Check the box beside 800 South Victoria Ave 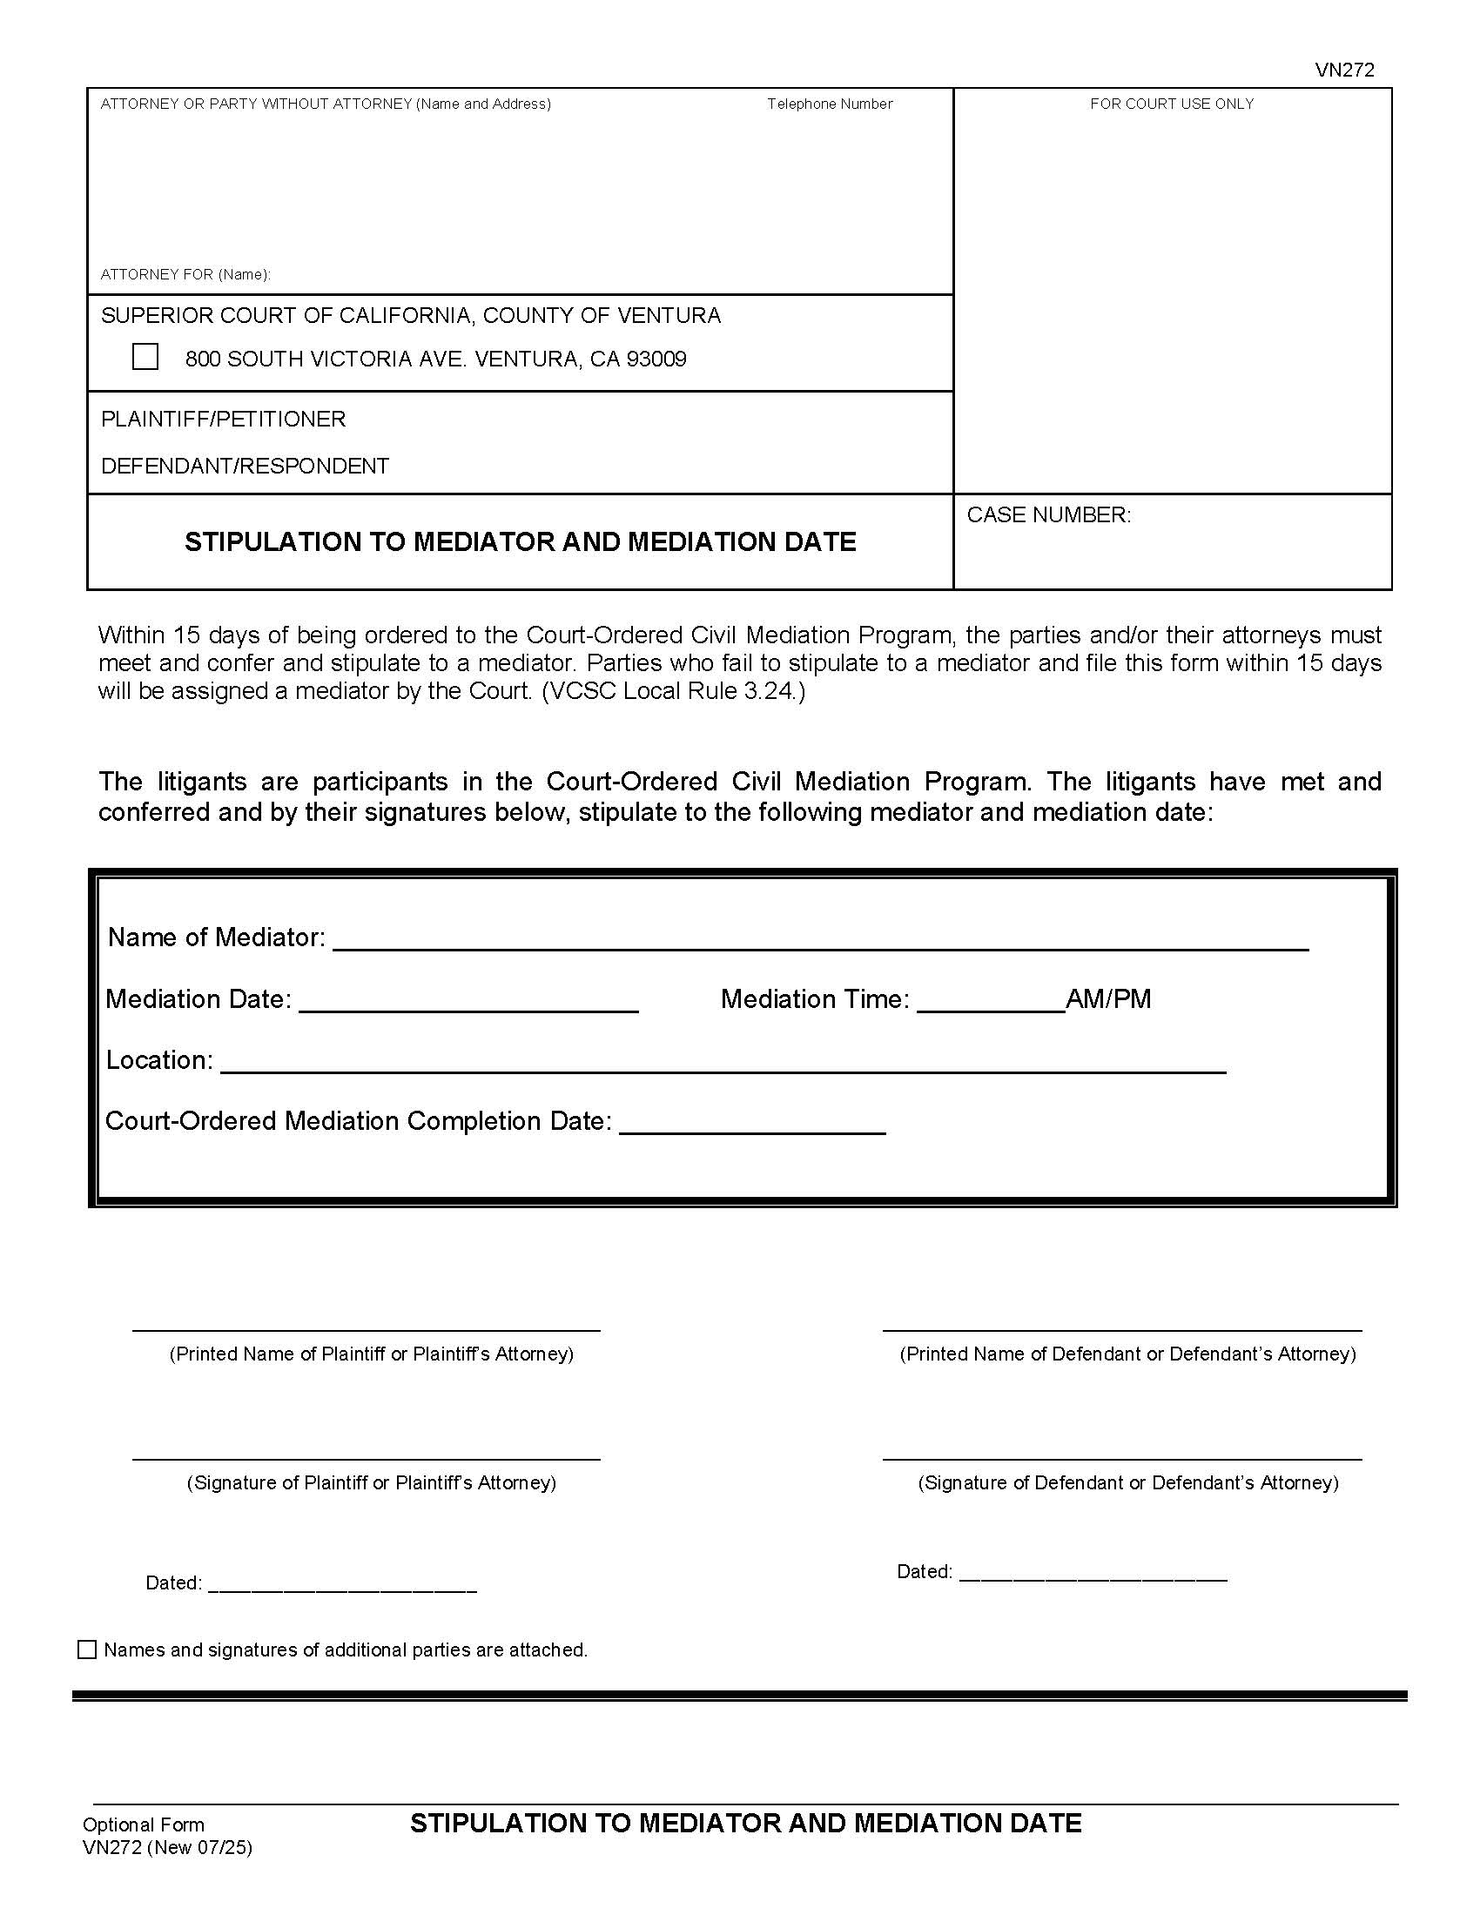point(145,357)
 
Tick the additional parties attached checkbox point(87,1650)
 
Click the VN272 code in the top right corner point(1344,71)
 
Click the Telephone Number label point(830,104)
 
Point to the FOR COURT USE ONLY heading point(1171,104)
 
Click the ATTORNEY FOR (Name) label point(185,274)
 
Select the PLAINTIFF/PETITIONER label point(223,420)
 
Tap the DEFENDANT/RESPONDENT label point(245,466)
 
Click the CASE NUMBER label point(1049,514)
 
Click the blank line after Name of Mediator point(820,940)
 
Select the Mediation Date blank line point(468,1002)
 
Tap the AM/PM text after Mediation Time point(1108,998)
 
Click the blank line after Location point(723,1063)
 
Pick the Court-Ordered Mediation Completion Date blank point(752,1124)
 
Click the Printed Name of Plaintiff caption point(371,1354)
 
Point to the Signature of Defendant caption point(1127,1482)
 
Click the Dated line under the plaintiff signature point(342,1582)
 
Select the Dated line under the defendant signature point(1093,1571)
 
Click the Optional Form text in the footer point(143,1824)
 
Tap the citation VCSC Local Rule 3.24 point(672,691)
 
